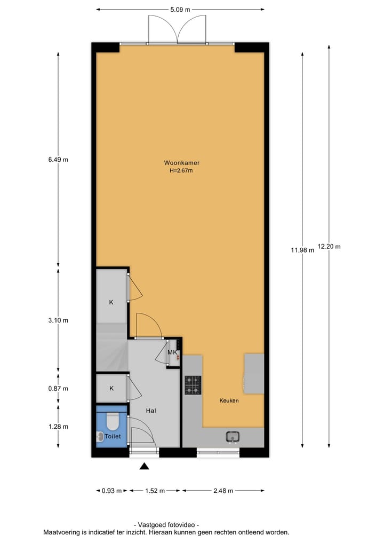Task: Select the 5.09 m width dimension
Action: [180, 9]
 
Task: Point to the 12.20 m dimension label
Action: [329, 247]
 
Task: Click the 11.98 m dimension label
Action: [302, 250]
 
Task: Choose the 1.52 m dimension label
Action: [155, 491]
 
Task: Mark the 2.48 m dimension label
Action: [223, 491]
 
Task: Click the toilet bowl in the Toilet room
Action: [112, 422]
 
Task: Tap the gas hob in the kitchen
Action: [193, 385]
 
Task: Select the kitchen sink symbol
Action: [233, 437]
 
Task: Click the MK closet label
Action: [172, 353]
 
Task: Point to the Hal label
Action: [151, 411]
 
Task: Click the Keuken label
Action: [229, 400]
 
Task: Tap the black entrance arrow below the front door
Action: [144, 467]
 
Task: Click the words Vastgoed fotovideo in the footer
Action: [166, 525]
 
